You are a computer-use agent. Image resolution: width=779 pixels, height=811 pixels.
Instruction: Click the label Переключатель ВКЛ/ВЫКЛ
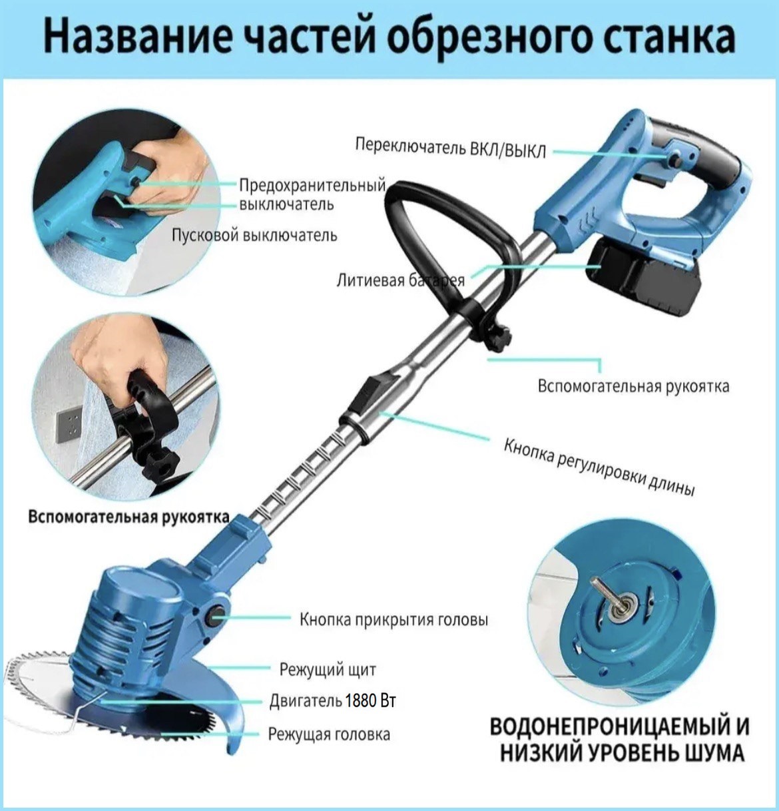click(450, 148)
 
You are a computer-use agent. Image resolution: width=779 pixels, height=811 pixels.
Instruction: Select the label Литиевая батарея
click(400, 280)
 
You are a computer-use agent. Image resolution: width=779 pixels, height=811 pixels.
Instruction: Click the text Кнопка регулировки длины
click(599, 467)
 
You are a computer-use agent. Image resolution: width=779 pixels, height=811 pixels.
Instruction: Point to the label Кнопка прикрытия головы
click(393, 620)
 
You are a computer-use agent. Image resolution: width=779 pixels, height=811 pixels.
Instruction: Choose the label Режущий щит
click(328, 670)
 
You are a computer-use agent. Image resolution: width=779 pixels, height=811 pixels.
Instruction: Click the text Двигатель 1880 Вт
click(332, 701)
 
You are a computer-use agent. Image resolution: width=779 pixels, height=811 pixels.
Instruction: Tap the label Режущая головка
click(329, 734)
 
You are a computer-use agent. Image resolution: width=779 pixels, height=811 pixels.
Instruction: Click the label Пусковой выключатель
click(254, 236)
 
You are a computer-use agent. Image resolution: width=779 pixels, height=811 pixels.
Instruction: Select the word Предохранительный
click(312, 185)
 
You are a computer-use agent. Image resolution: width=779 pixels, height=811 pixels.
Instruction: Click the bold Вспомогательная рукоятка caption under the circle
click(129, 517)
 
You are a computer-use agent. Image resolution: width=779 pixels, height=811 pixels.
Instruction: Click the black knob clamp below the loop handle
click(498, 337)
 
